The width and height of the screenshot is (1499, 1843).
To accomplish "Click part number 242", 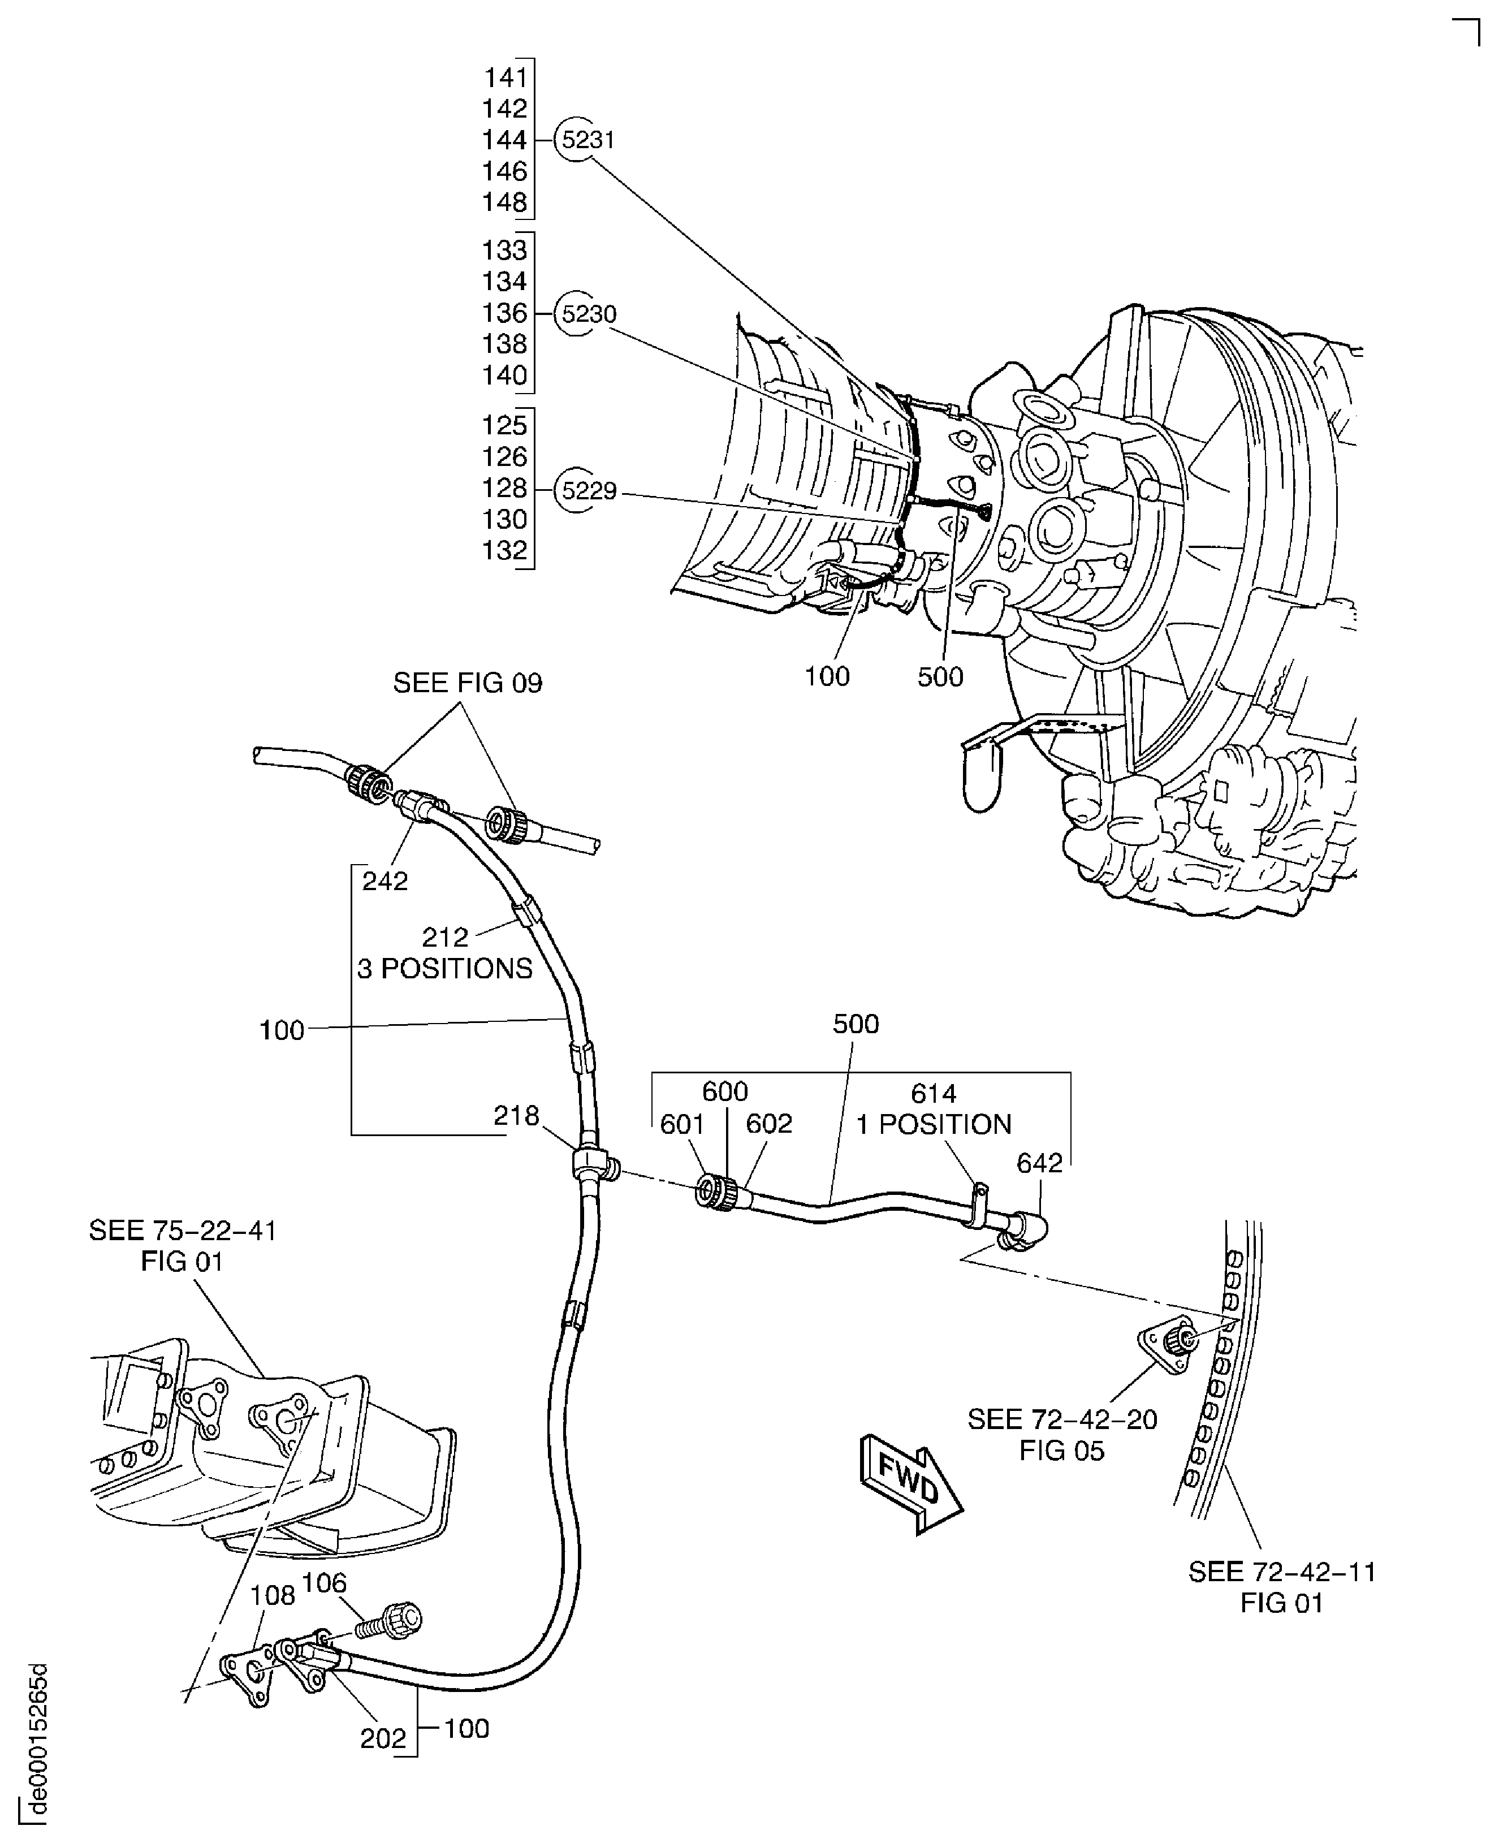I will point(385,881).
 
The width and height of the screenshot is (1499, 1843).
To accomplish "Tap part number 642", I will point(1040,1163).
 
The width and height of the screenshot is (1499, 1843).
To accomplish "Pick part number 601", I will point(682,1124).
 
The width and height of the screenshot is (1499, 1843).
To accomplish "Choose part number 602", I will point(768,1124).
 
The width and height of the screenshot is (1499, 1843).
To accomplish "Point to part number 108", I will point(273,1595).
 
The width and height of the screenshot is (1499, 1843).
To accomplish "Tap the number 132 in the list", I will point(505,550).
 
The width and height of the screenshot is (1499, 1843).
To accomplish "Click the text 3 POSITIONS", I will point(444,968).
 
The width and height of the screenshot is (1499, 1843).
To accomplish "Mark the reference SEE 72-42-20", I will point(1062,1419).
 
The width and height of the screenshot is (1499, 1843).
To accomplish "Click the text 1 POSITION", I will point(934,1124).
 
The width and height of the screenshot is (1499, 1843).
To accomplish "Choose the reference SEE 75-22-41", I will point(182,1230).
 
